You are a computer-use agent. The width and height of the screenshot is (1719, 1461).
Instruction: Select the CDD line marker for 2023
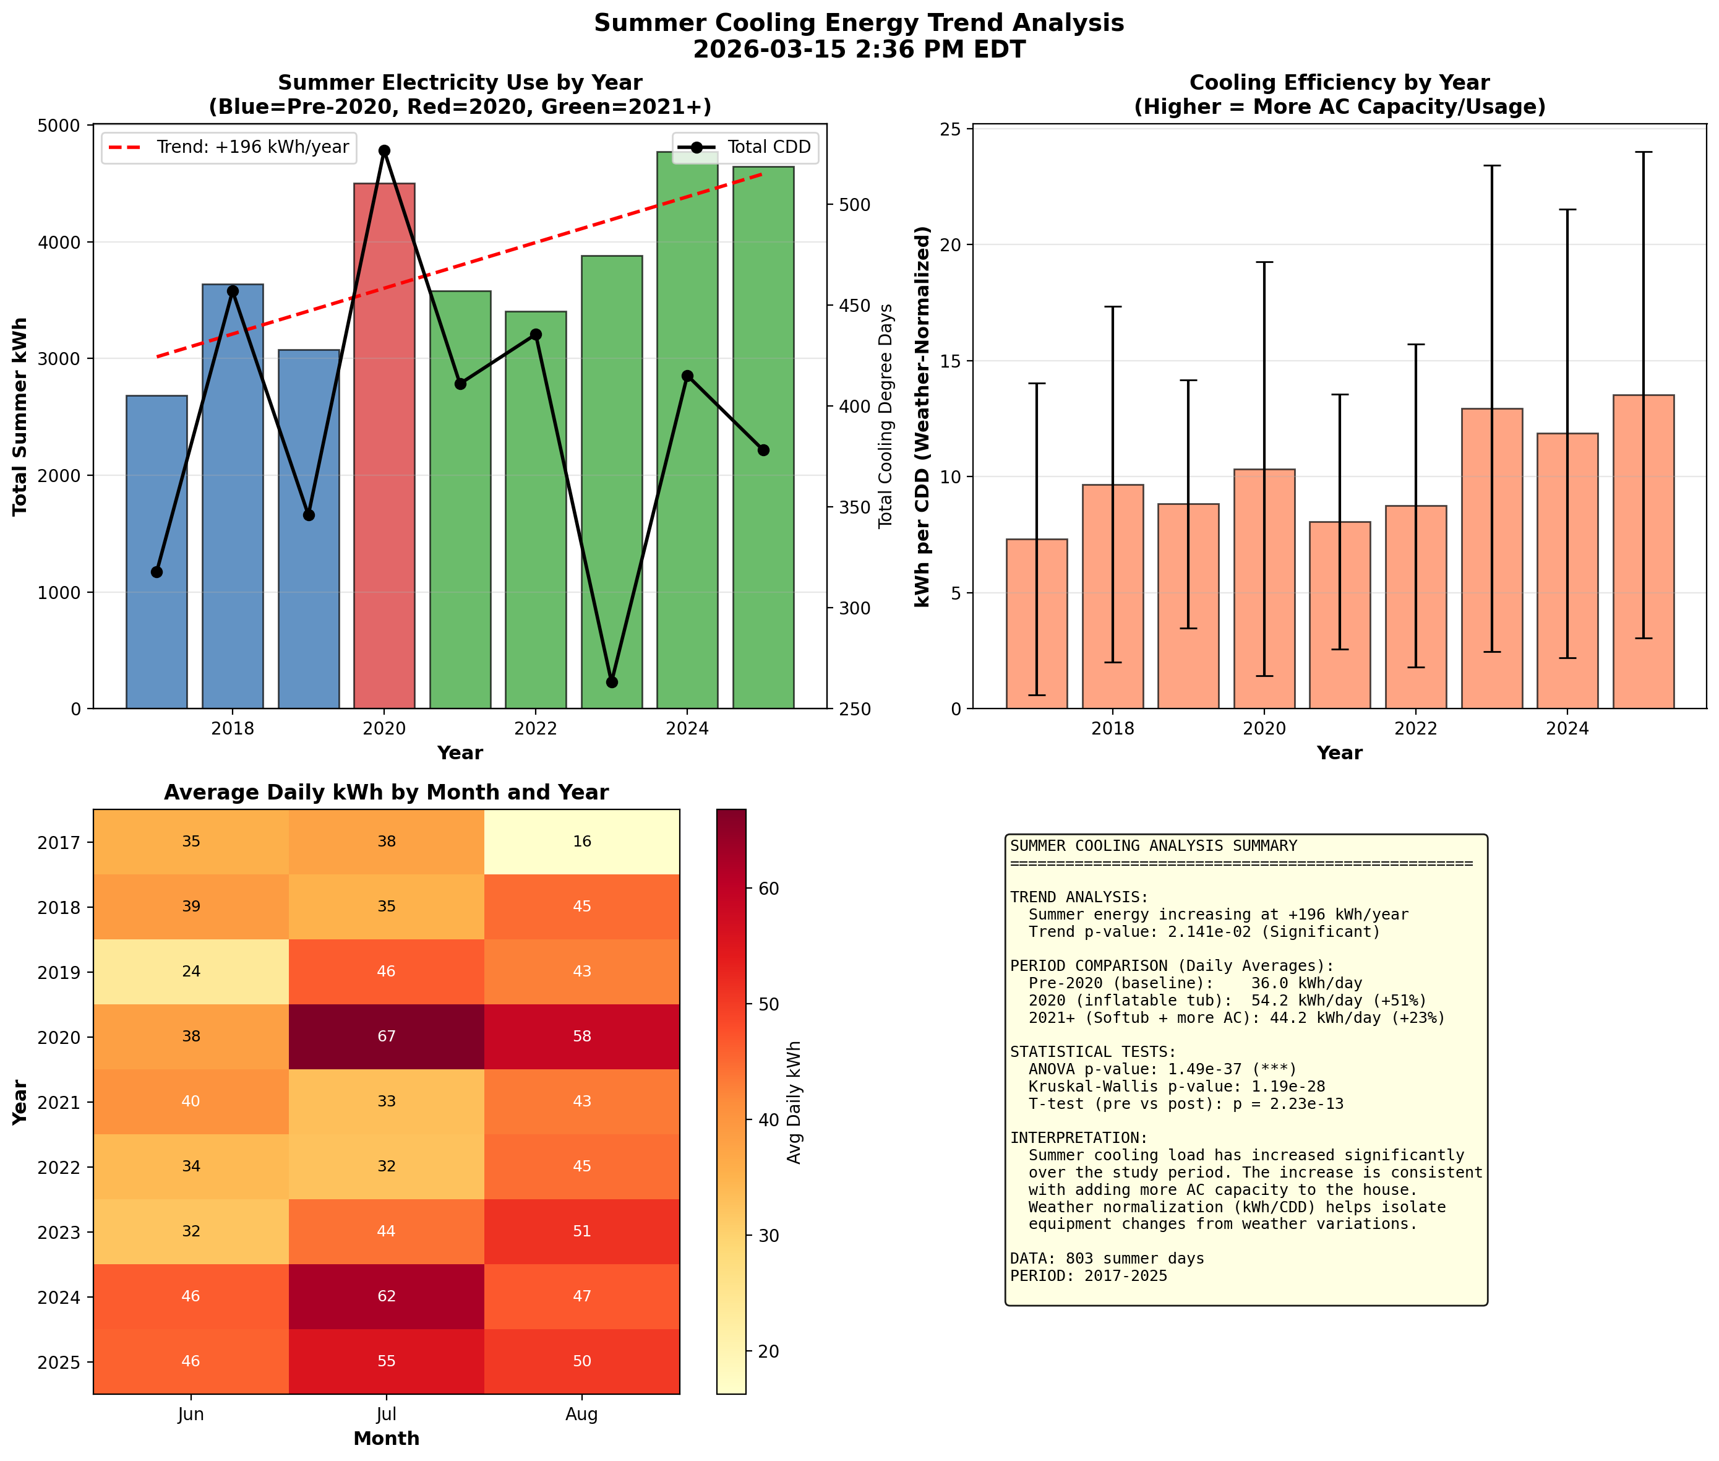(x=612, y=683)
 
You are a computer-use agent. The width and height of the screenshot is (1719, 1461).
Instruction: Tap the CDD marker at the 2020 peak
(x=384, y=151)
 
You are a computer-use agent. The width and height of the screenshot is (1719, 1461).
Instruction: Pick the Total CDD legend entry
(x=745, y=147)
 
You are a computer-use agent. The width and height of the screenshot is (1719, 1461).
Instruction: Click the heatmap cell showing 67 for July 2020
(x=386, y=1036)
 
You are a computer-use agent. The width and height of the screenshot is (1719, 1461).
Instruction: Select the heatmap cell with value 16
(x=581, y=842)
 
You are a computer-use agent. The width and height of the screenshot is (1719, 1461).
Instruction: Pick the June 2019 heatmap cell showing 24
(x=191, y=971)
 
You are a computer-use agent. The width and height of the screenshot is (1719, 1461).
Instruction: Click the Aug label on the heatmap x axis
(x=581, y=1414)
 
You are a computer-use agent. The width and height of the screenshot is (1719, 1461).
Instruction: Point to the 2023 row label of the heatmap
(x=59, y=1231)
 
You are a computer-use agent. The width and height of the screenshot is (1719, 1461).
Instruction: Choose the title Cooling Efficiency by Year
(x=1339, y=83)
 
